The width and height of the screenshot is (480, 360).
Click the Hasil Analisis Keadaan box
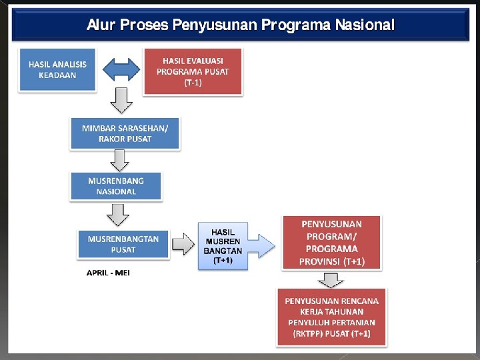(57, 69)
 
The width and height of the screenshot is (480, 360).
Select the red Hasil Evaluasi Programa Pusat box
(193, 72)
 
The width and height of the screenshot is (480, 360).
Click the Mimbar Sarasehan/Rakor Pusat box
(125, 133)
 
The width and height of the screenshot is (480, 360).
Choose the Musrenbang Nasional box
(116, 186)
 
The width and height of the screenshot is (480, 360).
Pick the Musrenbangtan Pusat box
(123, 244)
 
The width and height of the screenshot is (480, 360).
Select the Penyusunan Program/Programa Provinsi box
(332, 243)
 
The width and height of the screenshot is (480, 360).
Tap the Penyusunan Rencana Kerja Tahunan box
(331, 317)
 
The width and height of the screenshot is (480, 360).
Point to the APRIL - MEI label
(108, 273)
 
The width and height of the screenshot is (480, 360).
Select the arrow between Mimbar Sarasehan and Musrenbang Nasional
(121, 160)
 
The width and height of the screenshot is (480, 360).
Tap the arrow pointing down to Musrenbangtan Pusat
(119, 215)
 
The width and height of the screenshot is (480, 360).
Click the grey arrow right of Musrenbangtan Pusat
(183, 245)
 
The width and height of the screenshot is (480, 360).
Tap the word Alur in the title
(100, 25)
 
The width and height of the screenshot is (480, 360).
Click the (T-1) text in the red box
(193, 83)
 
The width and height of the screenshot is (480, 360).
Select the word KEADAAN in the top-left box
(57, 75)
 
